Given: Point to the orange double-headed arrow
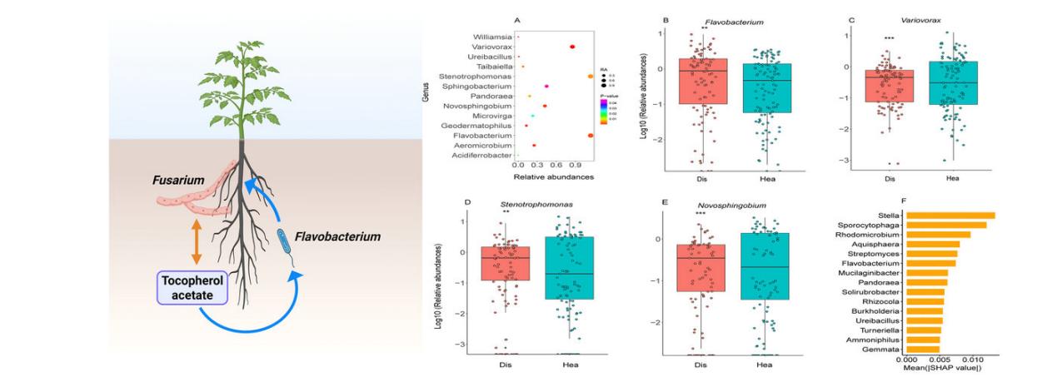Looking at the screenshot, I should click(x=197, y=241).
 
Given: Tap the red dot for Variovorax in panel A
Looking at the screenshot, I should click(x=573, y=47).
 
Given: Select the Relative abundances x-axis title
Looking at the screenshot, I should click(x=552, y=176).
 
